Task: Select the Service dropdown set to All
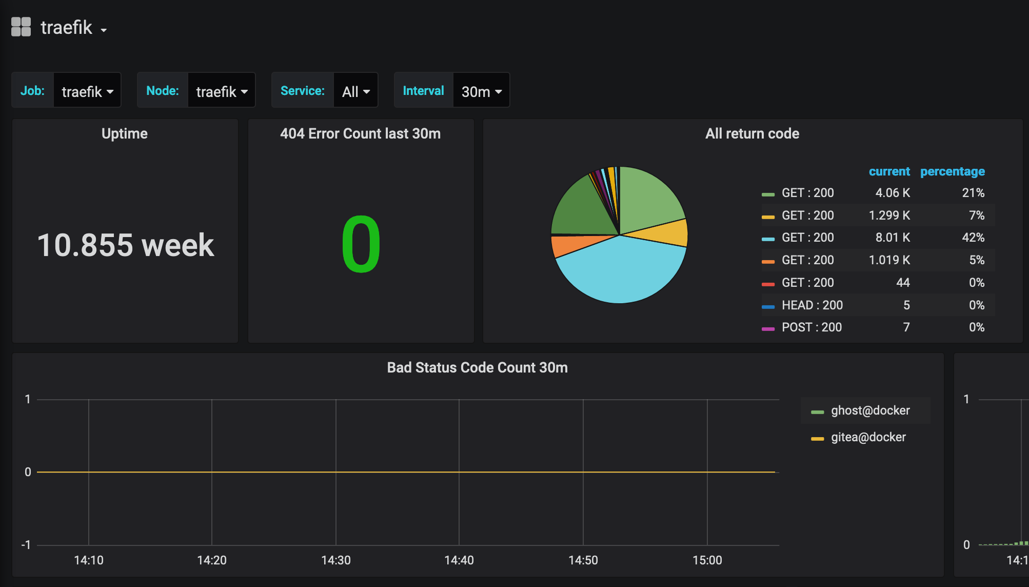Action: click(x=355, y=91)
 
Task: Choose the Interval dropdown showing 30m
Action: click(x=481, y=91)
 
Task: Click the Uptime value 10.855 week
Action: click(x=126, y=245)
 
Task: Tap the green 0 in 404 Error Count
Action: click(x=361, y=245)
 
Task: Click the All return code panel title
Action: click(x=752, y=134)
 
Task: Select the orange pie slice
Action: click(x=567, y=245)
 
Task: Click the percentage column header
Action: click(x=952, y=171)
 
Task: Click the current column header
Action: click(x=889, y=171)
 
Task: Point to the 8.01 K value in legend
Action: click(x=893, y=238)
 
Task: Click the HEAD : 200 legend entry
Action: click(x=812, y=305)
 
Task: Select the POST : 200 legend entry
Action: click(x=812, y=327)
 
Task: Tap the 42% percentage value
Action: click(x=973, y=238)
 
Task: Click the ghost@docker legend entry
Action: click(x=870, y=410)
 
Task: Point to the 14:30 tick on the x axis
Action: click(x=336, y=560)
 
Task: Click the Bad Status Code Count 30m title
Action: click(x=477, y=368)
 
